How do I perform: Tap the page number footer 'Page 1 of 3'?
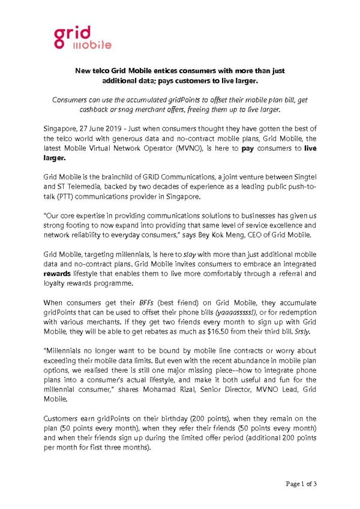(301, 484)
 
